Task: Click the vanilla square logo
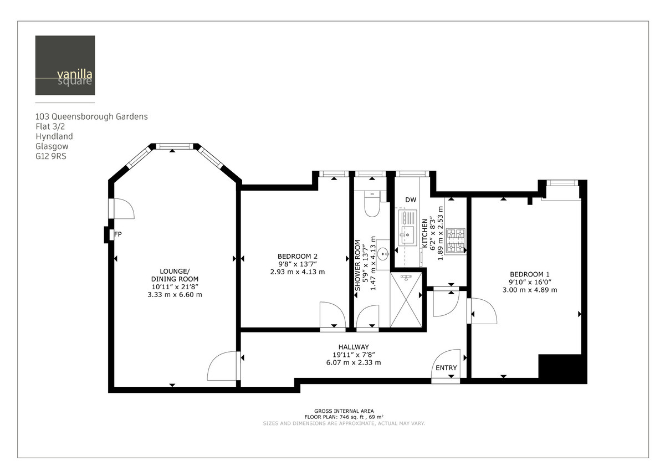[65, 65]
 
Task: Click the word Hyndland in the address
[54, 136]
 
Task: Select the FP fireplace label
[117, 234]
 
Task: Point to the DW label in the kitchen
[410, 200]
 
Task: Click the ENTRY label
[446, 368]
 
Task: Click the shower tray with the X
[407, 300]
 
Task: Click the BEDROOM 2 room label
[298, 256]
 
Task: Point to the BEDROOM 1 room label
[529, 274]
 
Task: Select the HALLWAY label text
[354, 347]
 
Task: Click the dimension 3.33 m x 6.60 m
[175, 294]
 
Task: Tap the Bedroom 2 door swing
[332, 316]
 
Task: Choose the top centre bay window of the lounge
[174, 146]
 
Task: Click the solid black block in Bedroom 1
[562, 368]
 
